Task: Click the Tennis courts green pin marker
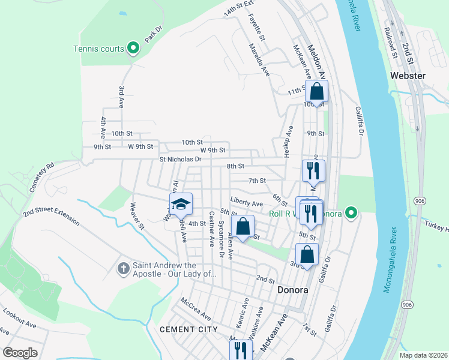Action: [133, 49]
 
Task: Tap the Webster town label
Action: [408, 76]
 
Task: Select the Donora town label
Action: [293, 290]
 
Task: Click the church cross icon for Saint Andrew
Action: [122, 267]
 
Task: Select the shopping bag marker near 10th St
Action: [317, 92]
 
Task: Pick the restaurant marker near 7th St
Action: [313, 170]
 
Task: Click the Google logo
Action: [20, 353]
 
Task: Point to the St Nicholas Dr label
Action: [183, 159]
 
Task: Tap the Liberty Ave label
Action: [246, 203]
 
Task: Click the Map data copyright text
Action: [423, 355]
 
